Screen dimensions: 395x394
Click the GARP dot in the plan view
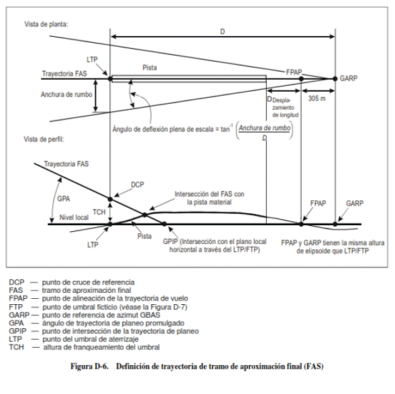point(335,79)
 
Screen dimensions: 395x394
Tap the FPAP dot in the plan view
point(301,79)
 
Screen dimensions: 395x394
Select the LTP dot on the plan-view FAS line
point(110,79)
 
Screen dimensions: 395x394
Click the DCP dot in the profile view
point(110,200)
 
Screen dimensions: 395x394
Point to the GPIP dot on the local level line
point(164,224)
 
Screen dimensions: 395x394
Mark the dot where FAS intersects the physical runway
point(145,214)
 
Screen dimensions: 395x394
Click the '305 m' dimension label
point(317,98)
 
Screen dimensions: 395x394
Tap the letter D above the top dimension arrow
point(223,31)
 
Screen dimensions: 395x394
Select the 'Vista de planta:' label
point(46,24)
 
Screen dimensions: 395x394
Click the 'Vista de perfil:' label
point(44,139)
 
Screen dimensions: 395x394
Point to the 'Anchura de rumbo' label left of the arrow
point(66,94)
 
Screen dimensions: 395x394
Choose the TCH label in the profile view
point(99,212)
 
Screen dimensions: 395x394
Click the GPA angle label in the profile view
point(64,199)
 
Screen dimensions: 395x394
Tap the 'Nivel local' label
point(74,218)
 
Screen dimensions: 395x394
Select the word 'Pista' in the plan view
point(150,68)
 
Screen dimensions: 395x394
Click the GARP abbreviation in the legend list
point(19,315)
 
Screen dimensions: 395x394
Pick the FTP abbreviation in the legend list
point(16,307)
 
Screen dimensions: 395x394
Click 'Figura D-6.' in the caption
point(89,366)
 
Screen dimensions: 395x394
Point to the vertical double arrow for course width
point(95,96)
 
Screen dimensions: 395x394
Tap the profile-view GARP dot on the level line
point(335,224)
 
